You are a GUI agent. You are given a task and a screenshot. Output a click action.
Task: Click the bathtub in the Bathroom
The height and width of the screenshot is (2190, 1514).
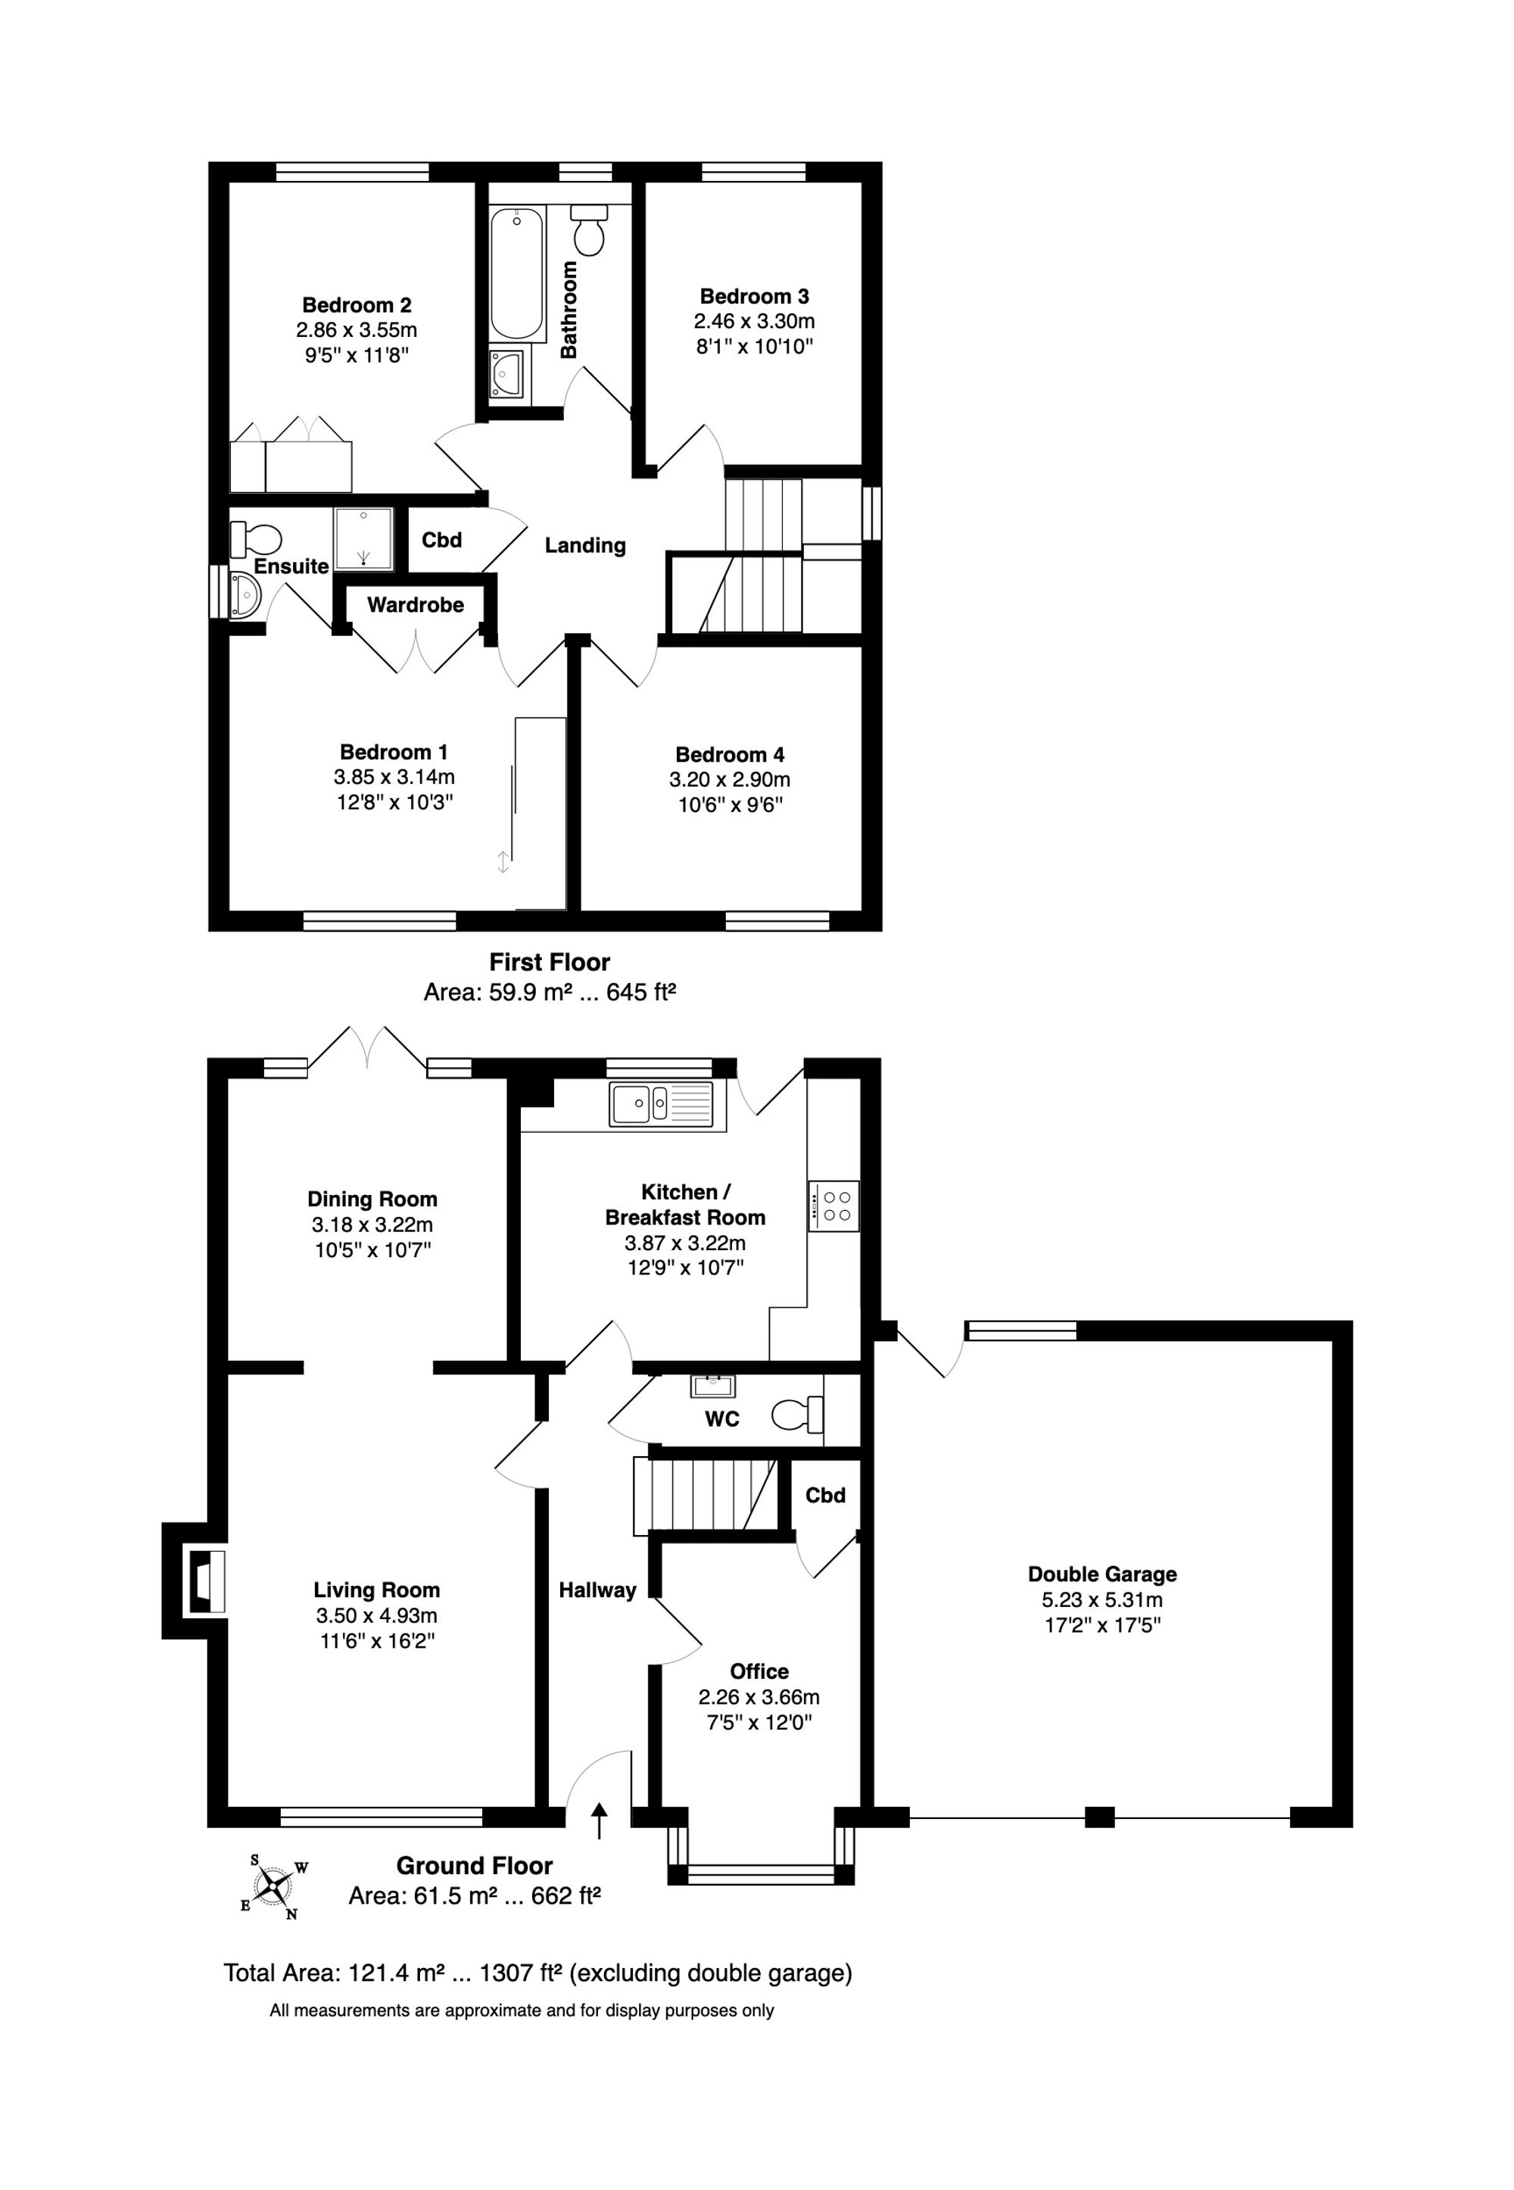point(517,273)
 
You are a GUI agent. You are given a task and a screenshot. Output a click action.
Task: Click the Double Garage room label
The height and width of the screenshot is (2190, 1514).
point(1102,1574)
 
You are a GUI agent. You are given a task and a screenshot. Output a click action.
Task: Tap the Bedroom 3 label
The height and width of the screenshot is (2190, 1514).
point(754,296)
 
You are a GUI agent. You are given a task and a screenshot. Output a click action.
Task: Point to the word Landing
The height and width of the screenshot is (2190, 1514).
point(585,545)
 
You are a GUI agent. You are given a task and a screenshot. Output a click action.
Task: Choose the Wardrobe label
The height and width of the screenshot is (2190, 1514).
point(416,604)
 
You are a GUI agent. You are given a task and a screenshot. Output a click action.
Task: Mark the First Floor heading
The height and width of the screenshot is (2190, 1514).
point(550,962)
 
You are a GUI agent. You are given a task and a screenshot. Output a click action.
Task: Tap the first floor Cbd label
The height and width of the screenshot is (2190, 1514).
point(442,540)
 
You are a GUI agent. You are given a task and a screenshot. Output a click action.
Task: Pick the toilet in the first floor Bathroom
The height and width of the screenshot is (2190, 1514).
point(589,229)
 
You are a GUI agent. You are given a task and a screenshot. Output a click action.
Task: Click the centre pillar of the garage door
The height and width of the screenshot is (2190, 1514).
point(1099,1818)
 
